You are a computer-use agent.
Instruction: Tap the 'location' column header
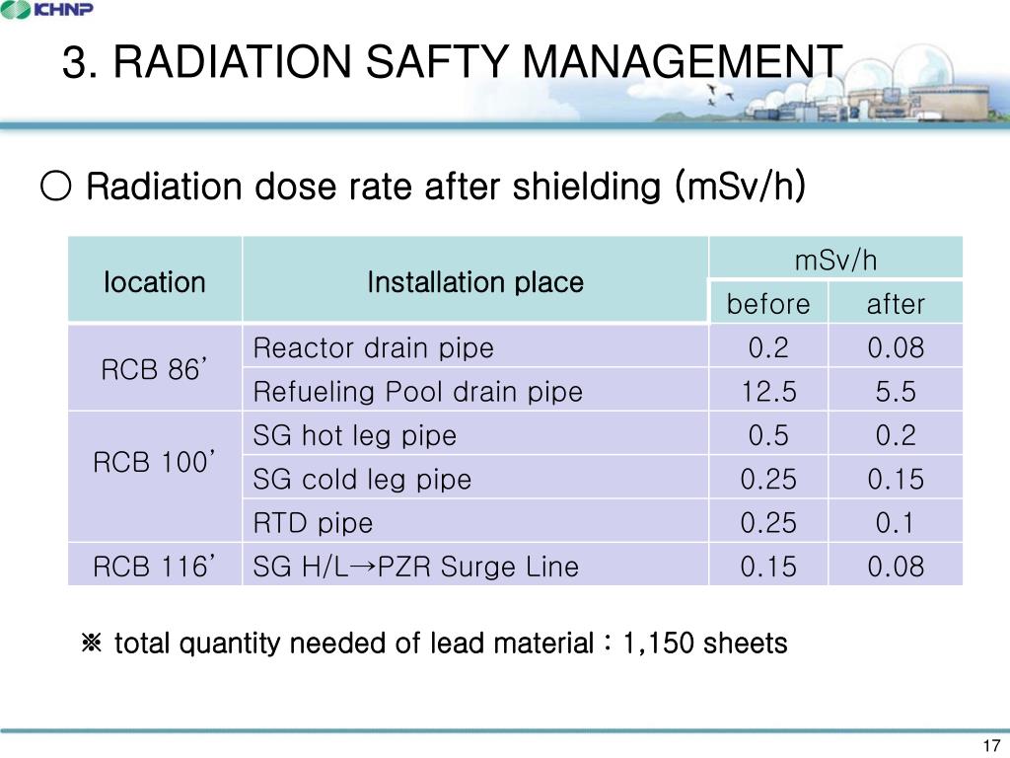(155, 282)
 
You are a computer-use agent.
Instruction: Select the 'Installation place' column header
(474, 282)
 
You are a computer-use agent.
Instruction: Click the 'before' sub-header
(768, 304)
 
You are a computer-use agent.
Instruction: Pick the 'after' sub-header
(895, 304)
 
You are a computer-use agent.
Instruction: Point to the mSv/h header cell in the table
(835, 260)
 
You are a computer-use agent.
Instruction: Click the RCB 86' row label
(155, 369)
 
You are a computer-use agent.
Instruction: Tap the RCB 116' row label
(155, 566)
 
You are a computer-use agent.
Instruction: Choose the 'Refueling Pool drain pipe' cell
(417, 392)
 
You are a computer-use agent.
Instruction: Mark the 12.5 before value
(768, 392)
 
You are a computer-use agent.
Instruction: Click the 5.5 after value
(895, 392)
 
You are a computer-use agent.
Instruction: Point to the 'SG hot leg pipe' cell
(355, 435)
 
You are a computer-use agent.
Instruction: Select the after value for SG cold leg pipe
(895, 480)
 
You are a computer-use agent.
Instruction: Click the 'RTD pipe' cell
(313, 523)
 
